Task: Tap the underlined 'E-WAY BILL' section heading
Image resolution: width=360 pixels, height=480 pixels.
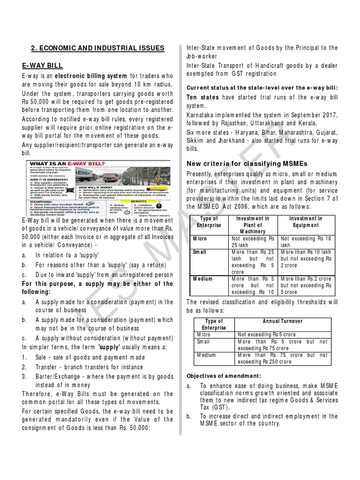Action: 43,65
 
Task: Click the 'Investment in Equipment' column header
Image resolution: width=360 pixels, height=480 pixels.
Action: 305,222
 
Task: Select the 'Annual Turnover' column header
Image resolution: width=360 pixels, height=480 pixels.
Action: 284,321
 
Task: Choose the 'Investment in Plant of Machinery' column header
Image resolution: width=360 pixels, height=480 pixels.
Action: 253,225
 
